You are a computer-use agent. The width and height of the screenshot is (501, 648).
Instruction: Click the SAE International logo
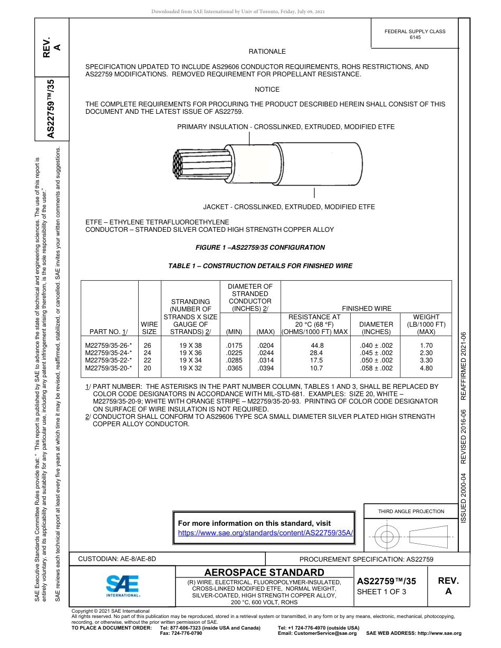122,585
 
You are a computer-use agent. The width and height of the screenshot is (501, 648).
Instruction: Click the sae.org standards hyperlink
265,533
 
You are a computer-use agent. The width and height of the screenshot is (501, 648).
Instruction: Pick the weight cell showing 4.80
426,368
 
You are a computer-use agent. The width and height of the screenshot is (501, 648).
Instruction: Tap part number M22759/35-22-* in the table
108,360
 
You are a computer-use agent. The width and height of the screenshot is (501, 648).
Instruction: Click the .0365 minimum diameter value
234,368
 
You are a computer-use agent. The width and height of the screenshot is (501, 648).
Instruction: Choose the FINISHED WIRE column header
367,308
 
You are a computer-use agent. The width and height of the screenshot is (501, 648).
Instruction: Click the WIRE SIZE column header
149,328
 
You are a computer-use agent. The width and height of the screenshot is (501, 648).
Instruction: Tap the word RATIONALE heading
267,52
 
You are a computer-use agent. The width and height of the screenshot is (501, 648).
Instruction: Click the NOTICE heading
267,90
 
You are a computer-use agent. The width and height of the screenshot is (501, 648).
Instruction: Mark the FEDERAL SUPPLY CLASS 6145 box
415,34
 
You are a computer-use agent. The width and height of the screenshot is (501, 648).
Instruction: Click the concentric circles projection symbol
387,538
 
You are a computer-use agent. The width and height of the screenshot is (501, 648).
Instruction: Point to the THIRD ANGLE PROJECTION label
411,511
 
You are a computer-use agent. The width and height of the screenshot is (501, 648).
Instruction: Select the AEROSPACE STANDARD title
264,572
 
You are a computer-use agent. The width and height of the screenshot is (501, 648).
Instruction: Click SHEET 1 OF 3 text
381,592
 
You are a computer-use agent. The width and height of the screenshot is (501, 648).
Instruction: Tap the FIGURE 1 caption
260,247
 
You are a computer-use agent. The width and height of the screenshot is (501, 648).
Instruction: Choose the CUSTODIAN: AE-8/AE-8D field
117,558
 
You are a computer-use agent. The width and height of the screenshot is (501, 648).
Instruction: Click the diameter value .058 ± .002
375,368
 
